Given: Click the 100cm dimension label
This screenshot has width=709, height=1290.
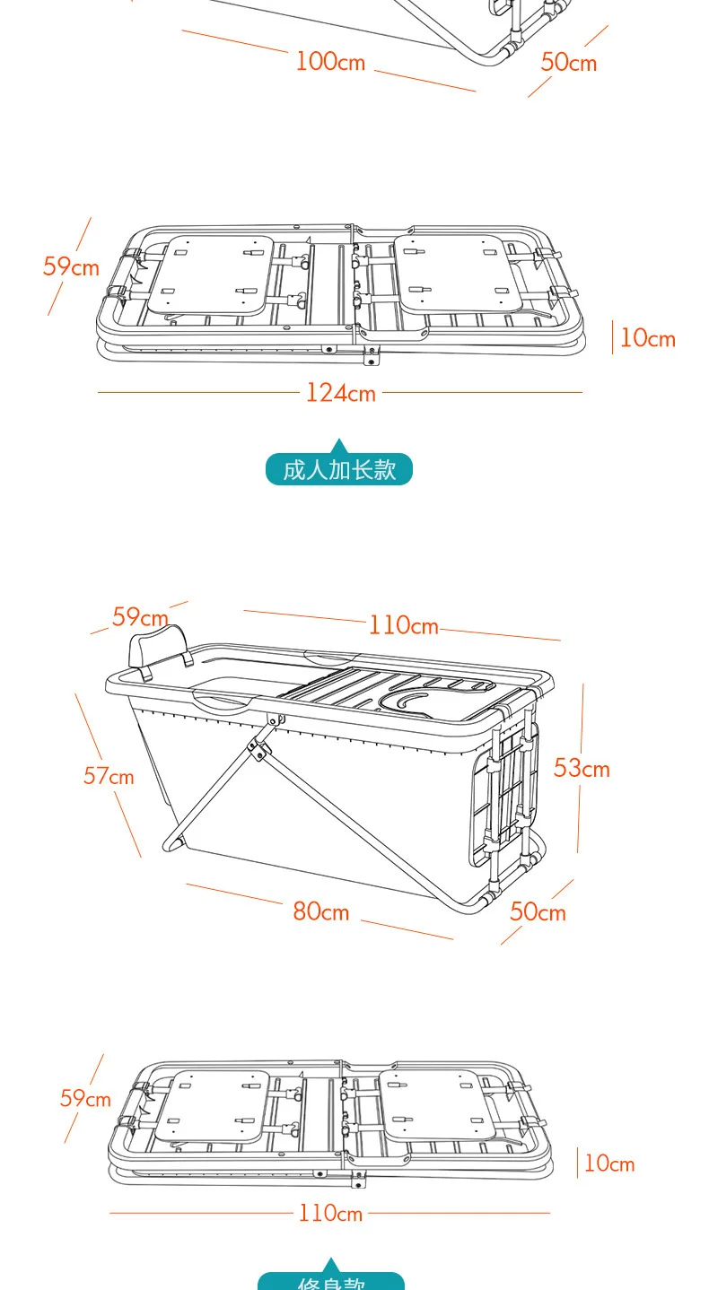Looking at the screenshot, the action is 330,61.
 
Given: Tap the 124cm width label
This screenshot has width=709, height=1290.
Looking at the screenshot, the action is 340,393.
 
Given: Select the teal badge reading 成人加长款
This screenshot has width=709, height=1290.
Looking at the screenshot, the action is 338,469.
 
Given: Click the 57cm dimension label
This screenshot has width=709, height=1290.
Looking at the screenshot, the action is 109,776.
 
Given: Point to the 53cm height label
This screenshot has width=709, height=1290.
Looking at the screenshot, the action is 582,768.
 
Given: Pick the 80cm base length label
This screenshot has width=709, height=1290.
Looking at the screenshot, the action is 320,911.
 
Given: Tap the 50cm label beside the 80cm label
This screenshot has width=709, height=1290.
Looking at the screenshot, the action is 538,911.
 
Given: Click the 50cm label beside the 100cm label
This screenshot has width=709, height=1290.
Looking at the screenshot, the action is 568,62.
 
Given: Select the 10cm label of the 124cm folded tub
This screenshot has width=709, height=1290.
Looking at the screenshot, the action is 647,338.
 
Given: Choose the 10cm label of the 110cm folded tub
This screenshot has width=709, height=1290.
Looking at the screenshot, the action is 609,1164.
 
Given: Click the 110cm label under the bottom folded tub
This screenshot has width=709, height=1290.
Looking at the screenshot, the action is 330,1214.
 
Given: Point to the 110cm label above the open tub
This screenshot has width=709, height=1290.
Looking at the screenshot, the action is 403,624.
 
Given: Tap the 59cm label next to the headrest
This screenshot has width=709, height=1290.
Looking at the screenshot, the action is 140,617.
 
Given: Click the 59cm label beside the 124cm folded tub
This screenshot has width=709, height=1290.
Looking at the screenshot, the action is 71,266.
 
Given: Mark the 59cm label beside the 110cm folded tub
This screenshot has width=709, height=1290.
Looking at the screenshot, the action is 85,1098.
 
